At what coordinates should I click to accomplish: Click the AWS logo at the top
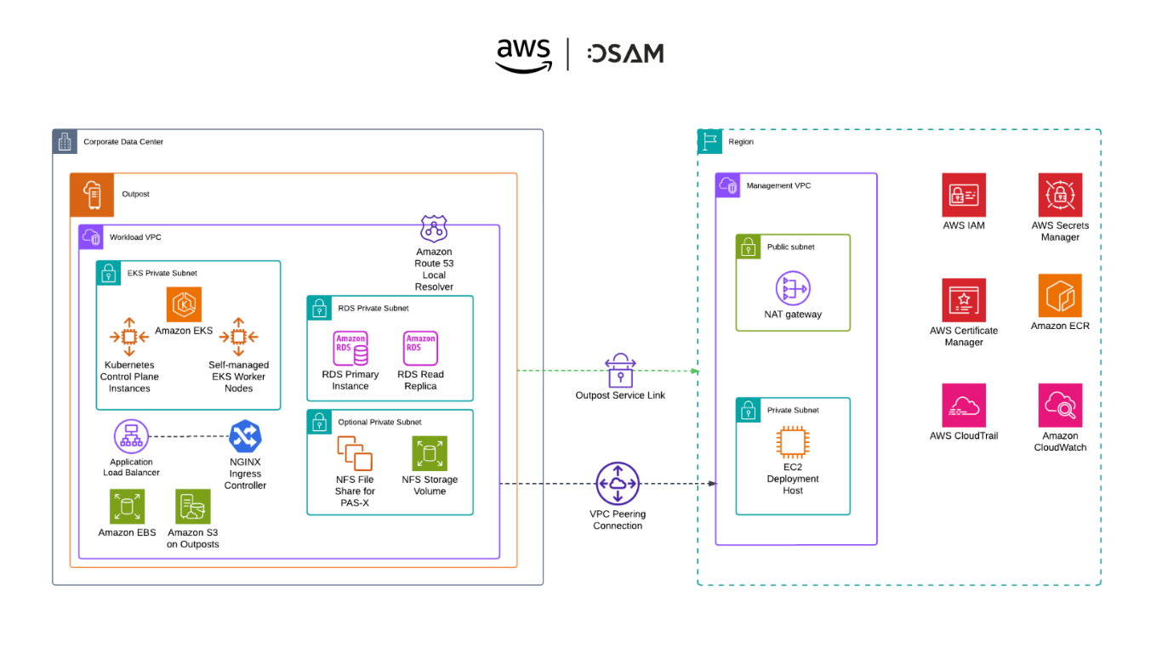524,54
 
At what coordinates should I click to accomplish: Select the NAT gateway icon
793,289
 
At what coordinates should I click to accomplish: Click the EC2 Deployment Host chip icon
793,445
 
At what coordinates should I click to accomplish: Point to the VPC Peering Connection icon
618,484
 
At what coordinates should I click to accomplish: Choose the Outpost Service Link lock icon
620,371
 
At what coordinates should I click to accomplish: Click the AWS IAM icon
964,196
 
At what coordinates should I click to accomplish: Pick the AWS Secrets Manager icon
1060,196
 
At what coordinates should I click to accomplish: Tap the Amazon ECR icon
1060,296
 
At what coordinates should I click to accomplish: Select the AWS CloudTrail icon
964,406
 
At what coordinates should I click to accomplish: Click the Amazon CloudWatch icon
1060,406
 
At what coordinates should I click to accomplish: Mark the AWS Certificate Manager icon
964,300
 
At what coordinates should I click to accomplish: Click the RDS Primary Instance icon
350,349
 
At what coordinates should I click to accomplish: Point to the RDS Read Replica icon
420,349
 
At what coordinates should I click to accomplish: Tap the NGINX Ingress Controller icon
245,437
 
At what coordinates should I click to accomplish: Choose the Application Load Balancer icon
131,437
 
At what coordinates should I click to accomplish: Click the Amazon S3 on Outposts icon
193,507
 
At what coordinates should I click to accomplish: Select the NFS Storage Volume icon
430,454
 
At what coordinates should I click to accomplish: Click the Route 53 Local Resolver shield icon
434,229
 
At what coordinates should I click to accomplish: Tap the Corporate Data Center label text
123,142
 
